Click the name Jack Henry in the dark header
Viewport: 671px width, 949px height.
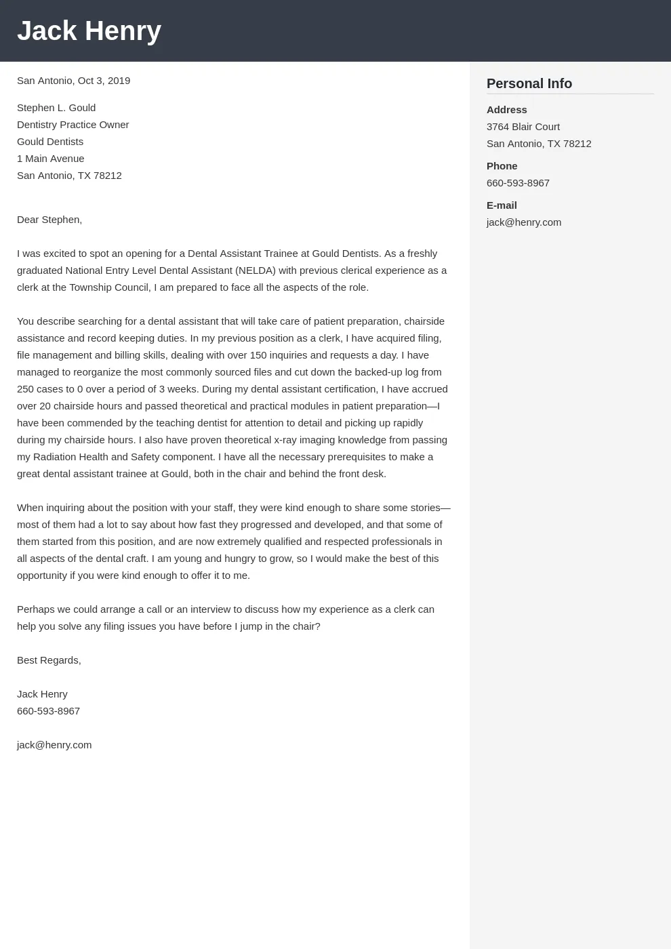coord(89,31)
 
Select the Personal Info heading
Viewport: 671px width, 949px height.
coord(529,83)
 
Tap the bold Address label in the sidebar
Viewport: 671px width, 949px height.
coord(506,110)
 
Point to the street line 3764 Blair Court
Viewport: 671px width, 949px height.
coord(523,127)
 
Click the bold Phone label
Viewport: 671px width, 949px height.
coord(502,166)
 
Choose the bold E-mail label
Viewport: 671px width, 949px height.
coord(502,205)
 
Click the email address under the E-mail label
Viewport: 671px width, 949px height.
coord(523,222)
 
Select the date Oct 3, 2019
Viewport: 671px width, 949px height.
coord(104,81)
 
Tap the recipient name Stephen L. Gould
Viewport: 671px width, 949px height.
coord(56,108)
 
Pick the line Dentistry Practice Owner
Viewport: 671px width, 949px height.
coord(73,125)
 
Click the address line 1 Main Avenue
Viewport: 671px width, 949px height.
coord(50,159)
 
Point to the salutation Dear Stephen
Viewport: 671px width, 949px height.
coord(49,220)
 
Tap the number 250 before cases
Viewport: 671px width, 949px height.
coord(26,389)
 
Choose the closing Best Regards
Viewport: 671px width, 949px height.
coord(48,660)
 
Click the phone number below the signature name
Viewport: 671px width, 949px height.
coord(48,711)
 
